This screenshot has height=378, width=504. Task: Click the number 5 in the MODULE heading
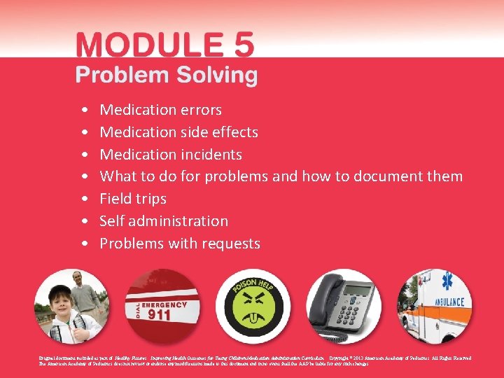(241, 44)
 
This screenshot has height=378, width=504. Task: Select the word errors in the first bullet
(199, 110)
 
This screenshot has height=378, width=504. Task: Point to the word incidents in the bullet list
(210, 155)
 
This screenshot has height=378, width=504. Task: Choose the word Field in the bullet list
(115, 199)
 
